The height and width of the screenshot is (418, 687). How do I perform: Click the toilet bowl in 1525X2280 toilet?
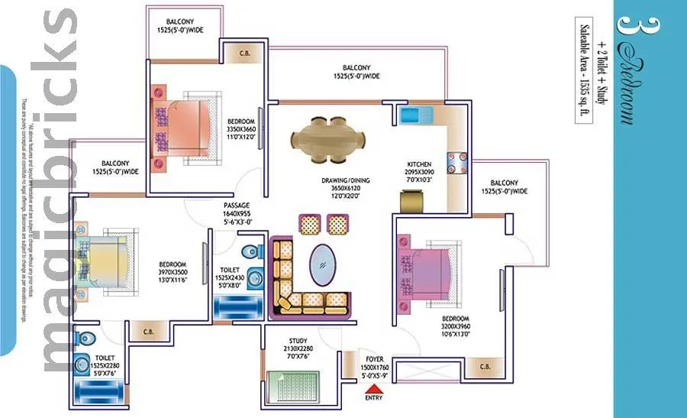point(85,337)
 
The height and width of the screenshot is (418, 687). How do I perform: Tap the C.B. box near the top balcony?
point(246,53)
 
